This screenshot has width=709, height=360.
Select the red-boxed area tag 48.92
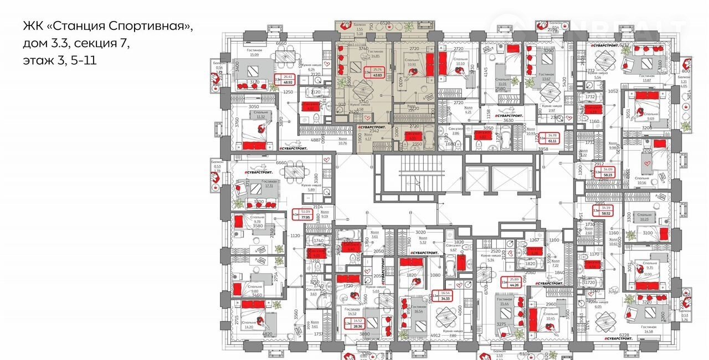[287, 79]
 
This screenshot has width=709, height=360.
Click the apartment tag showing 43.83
[379, 73]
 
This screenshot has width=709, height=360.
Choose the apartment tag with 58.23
[608, 172]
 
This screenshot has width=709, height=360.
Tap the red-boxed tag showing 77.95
[305, 215]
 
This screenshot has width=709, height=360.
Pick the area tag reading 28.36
[357, 323]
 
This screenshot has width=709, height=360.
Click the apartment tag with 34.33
[445, 296]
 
